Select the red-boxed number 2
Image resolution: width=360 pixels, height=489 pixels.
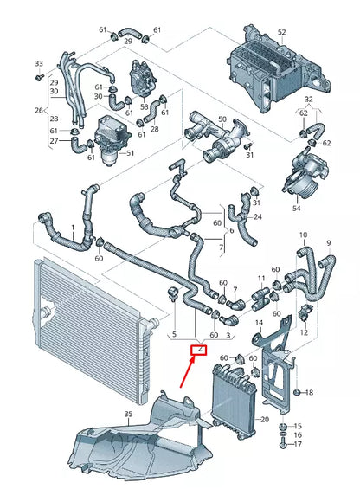pos(199,349)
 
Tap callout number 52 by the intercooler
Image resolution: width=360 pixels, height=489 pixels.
pos(280,33)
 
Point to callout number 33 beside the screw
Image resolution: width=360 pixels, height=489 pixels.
pos(38,64)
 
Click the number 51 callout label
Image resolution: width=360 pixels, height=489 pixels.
pos(131,153)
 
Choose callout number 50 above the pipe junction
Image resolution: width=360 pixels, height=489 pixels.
pos(222,119)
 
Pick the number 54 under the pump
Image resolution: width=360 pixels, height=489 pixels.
pos(298,208)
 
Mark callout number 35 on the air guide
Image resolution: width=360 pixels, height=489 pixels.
pos(129,415)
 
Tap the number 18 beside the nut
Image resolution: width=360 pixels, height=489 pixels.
pos(311,393)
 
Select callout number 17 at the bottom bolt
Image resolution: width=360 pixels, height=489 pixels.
pos(299,445)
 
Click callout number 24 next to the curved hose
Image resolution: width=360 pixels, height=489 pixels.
pos(257,216)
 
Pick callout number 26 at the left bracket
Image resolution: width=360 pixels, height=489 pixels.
pos(38,110)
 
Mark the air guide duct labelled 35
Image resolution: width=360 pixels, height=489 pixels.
pos(147,441)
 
